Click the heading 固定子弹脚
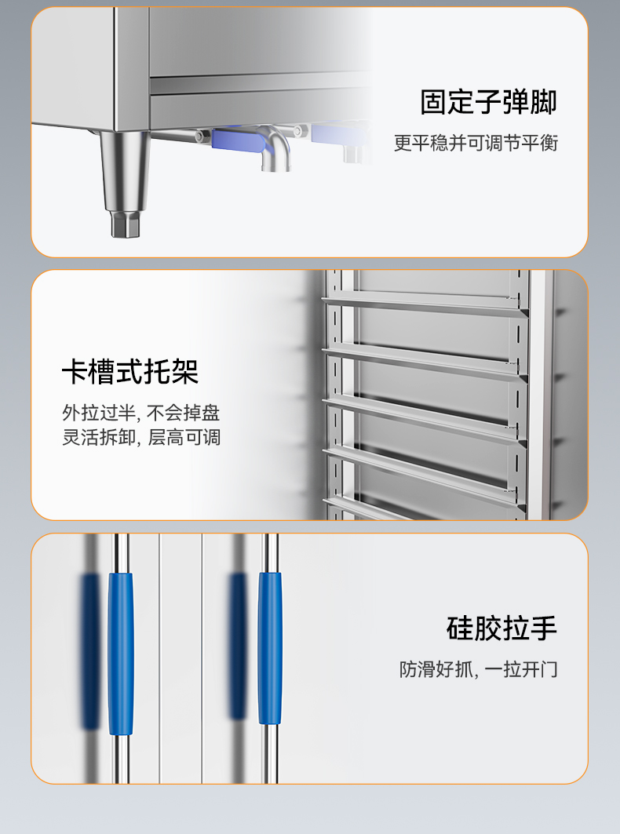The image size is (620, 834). pos(488,102)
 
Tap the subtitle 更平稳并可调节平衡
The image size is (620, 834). pos(476,143)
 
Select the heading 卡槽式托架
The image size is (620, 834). pos(130,372)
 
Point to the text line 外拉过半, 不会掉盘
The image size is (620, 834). pos(141,413)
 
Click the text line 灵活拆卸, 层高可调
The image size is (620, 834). pos(141,437)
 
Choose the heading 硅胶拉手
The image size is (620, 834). pos(501,628)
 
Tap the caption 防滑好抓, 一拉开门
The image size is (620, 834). pos(479,669)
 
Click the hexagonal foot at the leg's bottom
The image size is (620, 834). pos(126,224)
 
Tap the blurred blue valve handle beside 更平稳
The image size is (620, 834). pos(338,135)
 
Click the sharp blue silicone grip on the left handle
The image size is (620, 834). pos(121,654)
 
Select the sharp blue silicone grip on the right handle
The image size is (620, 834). pos(270,648)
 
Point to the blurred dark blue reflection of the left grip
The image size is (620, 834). pos(90,651)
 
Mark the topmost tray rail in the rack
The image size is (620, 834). pos(424,305)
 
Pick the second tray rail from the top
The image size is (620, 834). pos(424,362)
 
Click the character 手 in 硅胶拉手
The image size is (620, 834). pos(543,628)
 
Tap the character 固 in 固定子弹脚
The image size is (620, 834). pos(434,102)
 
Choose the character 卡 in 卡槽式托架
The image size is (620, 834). pos(75,372)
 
